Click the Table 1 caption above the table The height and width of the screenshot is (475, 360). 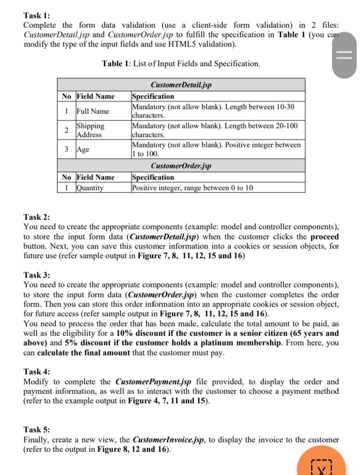coord(180,64)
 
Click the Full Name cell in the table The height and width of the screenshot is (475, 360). coord(92,111)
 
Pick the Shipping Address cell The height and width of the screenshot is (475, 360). coord(90,130)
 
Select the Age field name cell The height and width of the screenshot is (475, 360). coord(85,149)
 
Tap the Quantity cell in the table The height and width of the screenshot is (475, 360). coord(90,188)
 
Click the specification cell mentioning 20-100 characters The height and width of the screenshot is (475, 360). coord(215,130)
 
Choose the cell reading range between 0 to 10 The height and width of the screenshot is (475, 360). coord(193,188)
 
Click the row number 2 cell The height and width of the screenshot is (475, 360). coord(66,130)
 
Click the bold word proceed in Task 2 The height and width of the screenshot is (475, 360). coord(324,236)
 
